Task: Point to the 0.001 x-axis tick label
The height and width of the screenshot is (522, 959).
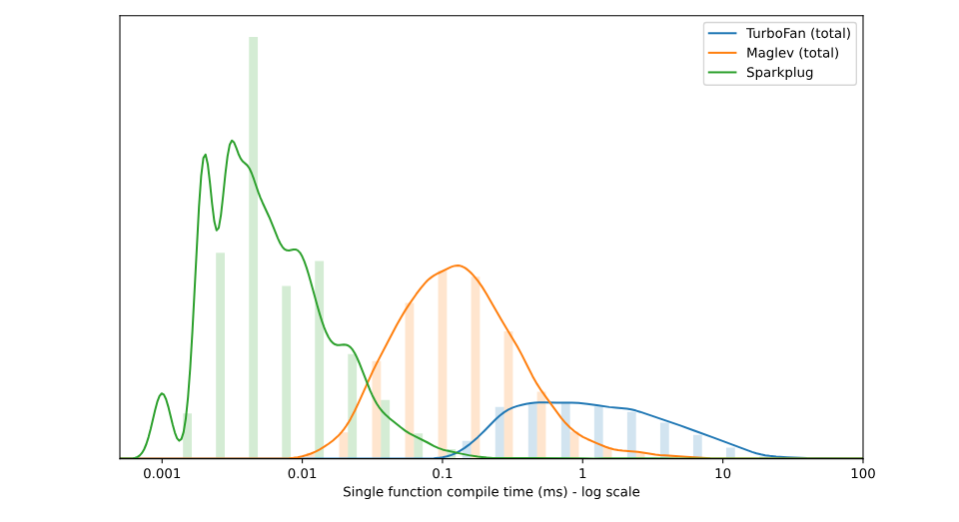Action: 162,473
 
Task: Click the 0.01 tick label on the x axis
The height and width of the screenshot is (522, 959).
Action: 302,473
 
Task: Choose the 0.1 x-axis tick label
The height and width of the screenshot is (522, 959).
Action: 443,473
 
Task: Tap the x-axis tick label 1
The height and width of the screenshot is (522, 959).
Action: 582,473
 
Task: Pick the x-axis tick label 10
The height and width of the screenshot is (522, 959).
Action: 722,473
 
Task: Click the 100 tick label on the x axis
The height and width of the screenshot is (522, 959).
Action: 862,473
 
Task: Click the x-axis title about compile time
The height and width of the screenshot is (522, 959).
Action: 490,492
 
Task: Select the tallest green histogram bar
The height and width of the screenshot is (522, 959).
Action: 254,250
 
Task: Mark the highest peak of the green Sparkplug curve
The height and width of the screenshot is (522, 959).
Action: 232,141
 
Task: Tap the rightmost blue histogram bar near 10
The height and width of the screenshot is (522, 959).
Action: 730,452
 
